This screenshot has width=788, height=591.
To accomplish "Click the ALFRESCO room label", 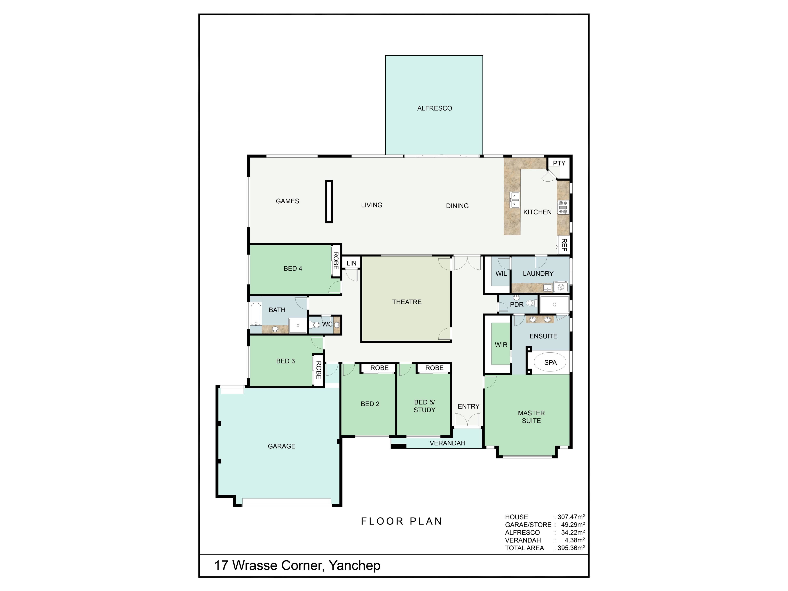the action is [x=435, y=108].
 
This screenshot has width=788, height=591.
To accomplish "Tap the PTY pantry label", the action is [x=559, y=163].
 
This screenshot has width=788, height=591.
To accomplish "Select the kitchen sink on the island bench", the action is [x=515, y=199].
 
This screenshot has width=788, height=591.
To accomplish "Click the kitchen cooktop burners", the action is [x=563, y=207].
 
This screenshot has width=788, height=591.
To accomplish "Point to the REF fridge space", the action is [x=564, y=245].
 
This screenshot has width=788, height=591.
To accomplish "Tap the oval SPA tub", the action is [x=550, y=362].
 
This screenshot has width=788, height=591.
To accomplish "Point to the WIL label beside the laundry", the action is [x=501, y=274].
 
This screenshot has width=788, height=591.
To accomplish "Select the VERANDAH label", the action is [x=447, y=443].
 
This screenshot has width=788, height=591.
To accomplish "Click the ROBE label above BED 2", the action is [x=379, y=368].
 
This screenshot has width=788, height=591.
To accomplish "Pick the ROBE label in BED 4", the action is [x=336, y=261].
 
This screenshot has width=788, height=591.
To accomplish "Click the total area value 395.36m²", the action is [x=571, y=548].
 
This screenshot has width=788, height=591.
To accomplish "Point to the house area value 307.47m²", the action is [x=571, y=517].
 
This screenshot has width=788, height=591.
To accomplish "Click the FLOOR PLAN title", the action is [x=401, y=521].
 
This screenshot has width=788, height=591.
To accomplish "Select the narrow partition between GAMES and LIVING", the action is [x=329, y=202].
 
